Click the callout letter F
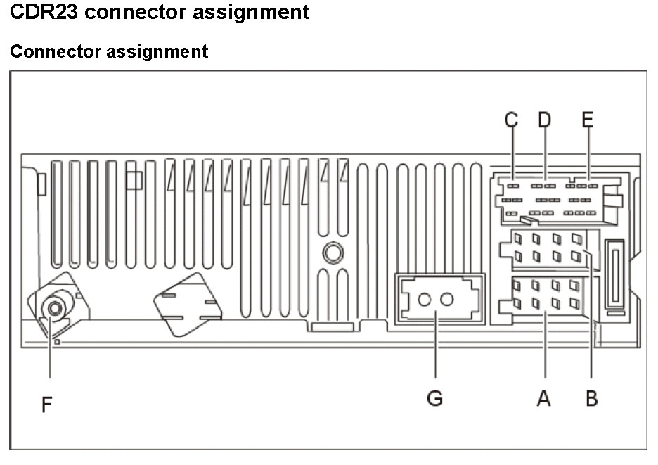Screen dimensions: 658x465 coord(46,404)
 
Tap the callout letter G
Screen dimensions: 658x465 coord(434,397)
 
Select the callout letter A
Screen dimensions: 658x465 coord(543,397)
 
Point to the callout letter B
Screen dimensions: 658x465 coord(592,397)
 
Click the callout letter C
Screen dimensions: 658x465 coord(511,120)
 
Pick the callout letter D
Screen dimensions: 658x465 coord(545,120)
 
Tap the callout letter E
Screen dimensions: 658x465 coord(588,120)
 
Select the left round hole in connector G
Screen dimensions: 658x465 coord(425,300)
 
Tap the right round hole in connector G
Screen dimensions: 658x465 coord(447,300)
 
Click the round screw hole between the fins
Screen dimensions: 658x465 coord(333,253)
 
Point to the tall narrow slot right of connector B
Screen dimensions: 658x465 coord(615,275)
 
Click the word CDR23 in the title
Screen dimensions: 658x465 coord(44,11)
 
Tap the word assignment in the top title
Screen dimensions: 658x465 coord(251,12)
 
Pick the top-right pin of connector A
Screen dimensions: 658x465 coord(574,286)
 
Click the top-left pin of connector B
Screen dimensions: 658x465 coord(518,238)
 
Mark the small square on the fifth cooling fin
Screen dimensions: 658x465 coord(134,180)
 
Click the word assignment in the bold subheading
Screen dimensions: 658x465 coord(157,52)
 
